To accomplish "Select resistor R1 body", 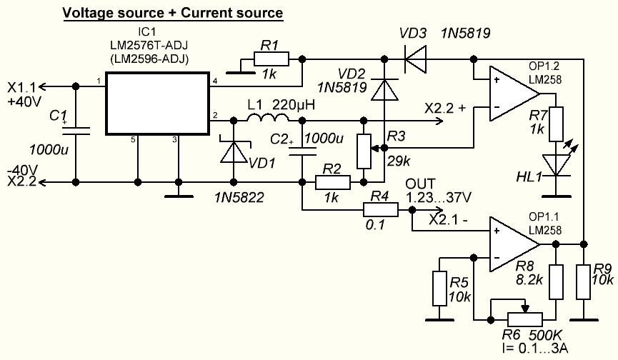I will pyautogui.click(x=271, y=59).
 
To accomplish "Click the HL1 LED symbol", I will pyautogui.click(x=559, y=166).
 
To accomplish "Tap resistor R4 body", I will pyautogui.click(x=381, y=210).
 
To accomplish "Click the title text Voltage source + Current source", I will pyautogui.click(x=172, y=13).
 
